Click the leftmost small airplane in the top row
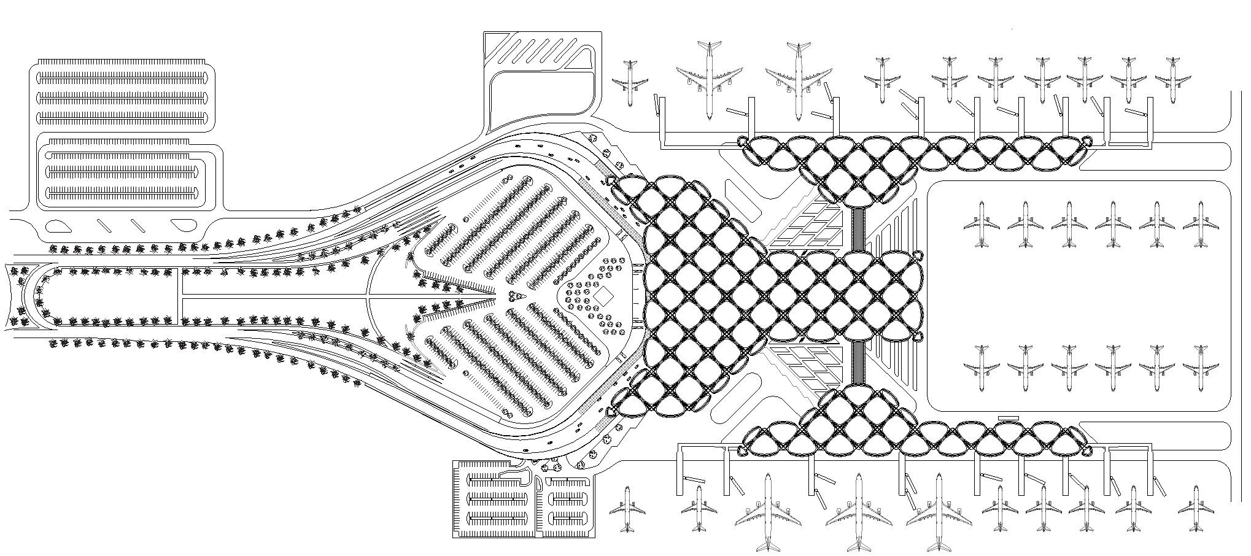pos(629,82)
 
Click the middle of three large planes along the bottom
pos(858,512)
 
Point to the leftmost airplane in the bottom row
pos(627,509)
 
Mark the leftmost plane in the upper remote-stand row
pos(982,223)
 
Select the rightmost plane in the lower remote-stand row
pos(1201,368)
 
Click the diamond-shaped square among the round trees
pos(603,296)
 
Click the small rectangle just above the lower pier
pos(1008,418)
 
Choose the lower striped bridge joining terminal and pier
pos(858,363)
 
